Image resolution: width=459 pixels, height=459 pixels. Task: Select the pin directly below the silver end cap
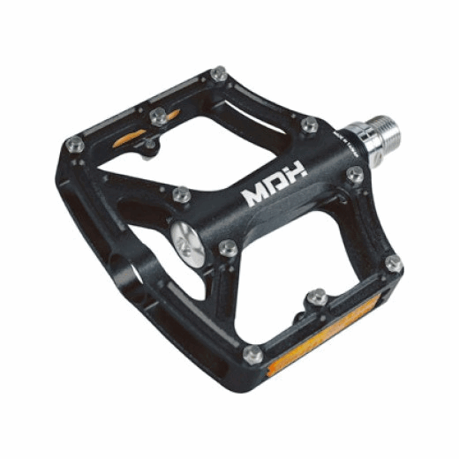(x=228, y=248)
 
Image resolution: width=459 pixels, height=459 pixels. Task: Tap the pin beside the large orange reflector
(x=252, y=355)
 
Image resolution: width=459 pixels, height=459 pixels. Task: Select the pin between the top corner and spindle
(x=309, y=125)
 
